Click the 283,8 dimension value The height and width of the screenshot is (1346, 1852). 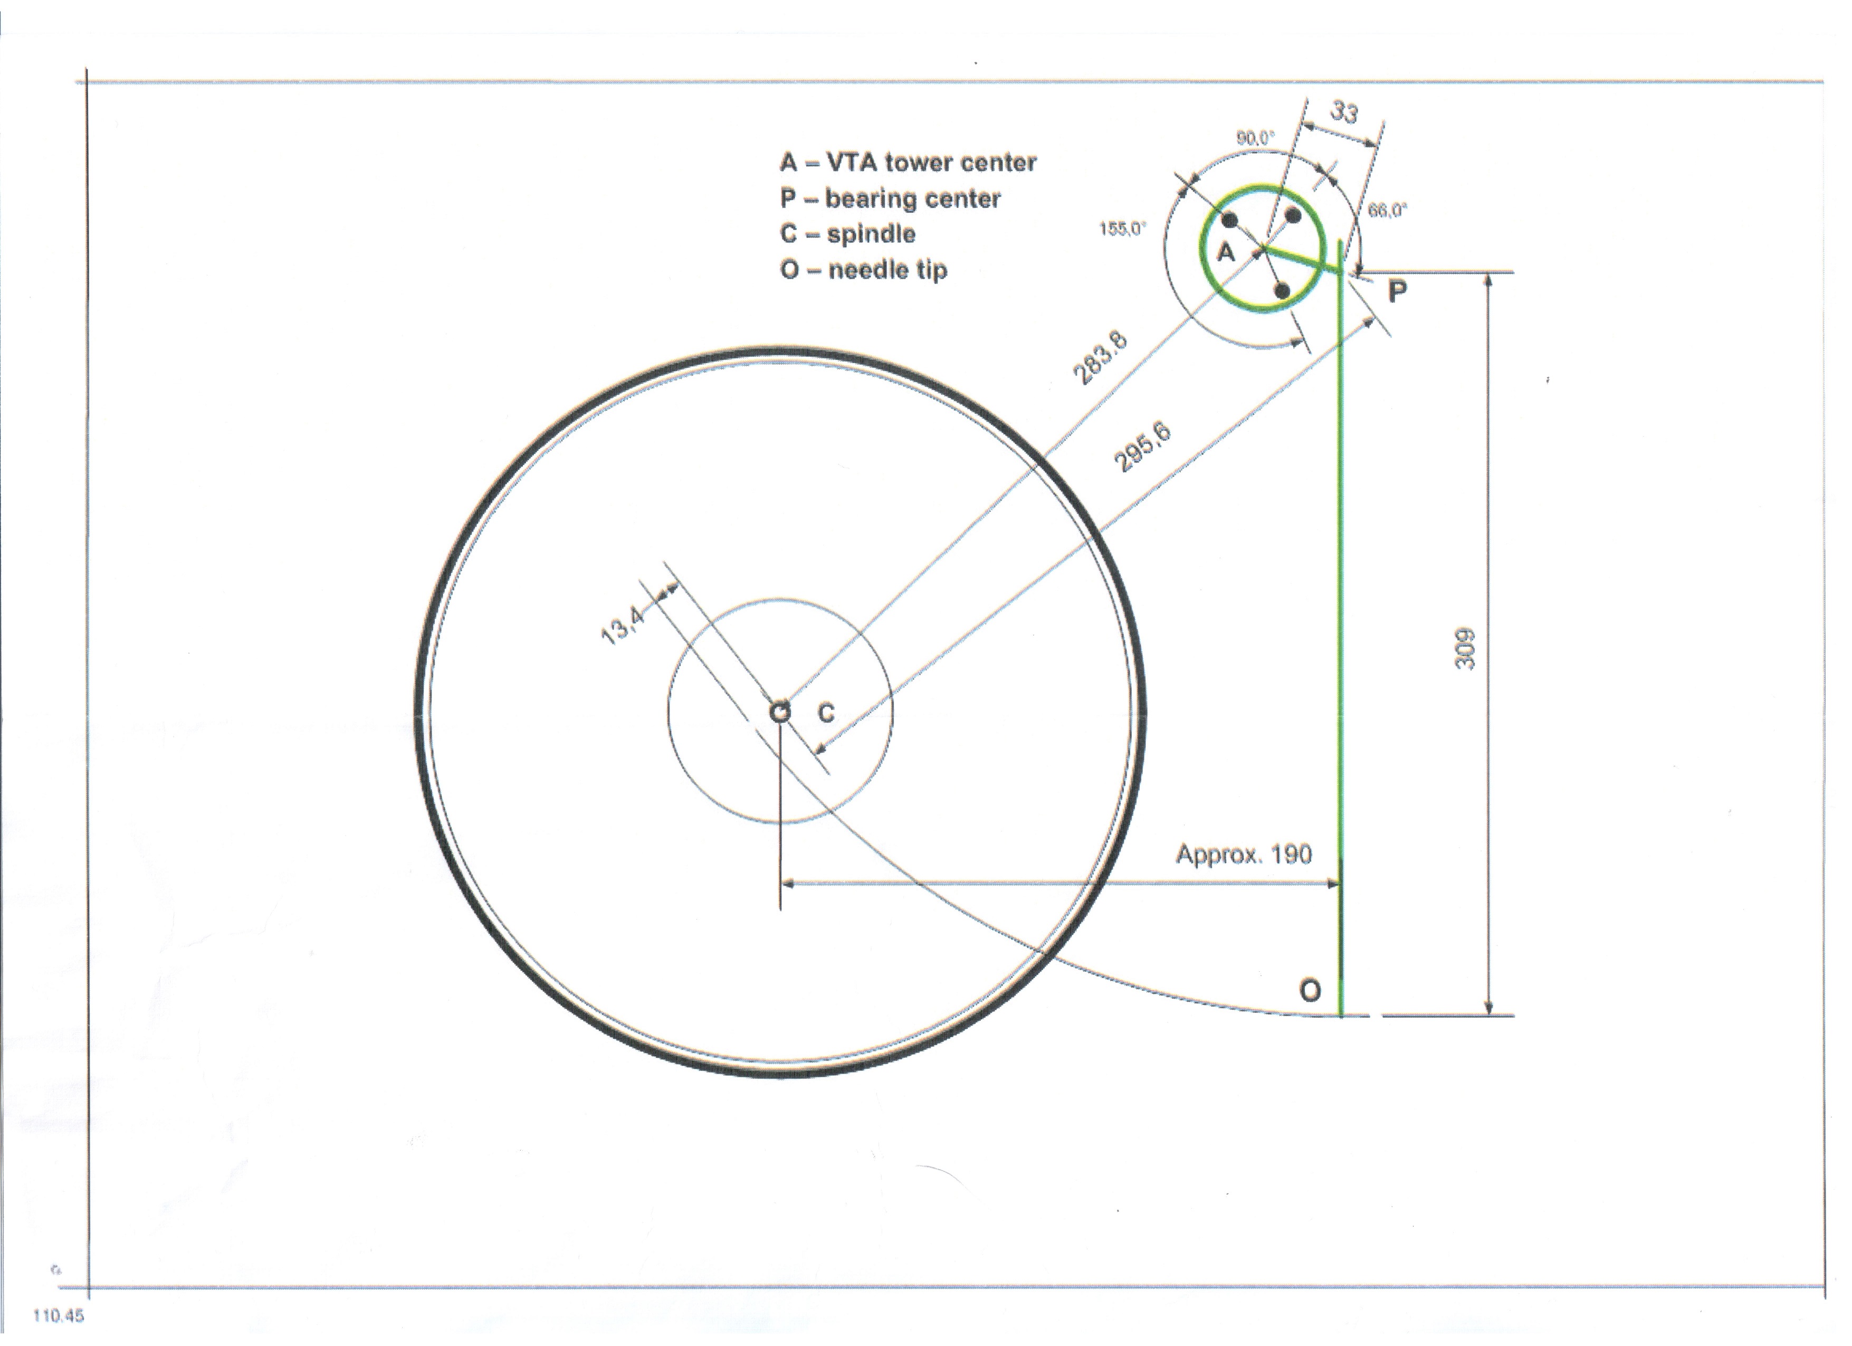coord(1100,357)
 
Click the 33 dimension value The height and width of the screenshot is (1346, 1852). coord(1344,111)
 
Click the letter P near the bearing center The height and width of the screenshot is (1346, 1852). coord(1398,291)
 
